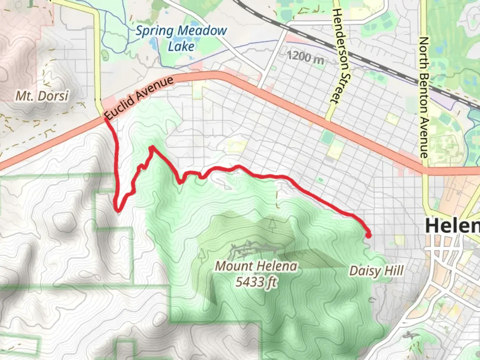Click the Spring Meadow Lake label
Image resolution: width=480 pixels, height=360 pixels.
pyautogui.click(x=181, y=38)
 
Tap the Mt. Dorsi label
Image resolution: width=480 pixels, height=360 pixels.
pyautogui.click(x=42, y=96)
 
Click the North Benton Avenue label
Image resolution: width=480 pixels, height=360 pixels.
pyautogui.click(x=424, y=97)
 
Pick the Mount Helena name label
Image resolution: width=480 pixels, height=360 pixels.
pyautogui.click(x=256, y=266)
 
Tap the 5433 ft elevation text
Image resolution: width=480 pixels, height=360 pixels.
pyautogui.click(x=256, y=282)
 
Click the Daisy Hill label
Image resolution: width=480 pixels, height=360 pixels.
pyautogui.click(x=376, y=271)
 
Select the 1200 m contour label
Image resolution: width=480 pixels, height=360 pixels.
pyautogui.click(x=305, y=57)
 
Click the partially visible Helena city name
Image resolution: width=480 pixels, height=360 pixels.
pyautogui.click(x=452, y=226)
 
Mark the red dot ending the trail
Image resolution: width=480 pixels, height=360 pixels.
pyautogui.click(x=368, y=235)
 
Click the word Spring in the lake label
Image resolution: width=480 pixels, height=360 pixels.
pyautogui.click(x=154, y=31)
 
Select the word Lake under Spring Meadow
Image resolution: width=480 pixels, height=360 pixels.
pyautogui.click(x=181, y=46)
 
